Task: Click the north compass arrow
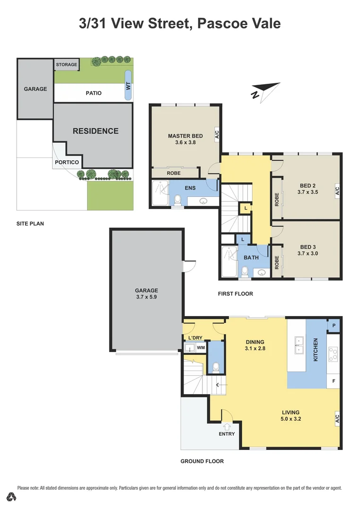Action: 265,89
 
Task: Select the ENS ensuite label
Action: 190,188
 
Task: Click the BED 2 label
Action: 308,185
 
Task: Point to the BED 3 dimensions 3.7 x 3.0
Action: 308,254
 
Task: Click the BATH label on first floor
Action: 251,257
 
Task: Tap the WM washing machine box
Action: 201,348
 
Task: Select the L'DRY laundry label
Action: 195,337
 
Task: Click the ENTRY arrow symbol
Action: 226,426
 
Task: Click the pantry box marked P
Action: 334,326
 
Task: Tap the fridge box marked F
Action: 334,380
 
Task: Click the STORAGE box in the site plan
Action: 66,64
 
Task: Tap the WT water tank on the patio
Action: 128,85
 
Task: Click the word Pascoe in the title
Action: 220,23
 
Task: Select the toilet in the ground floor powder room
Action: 216,367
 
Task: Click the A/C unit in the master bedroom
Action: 217,134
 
